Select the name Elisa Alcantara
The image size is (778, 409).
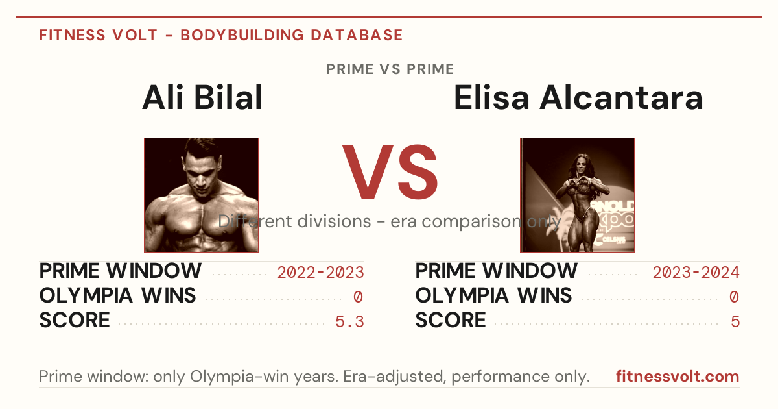pyautogui.click(x=578, y=98)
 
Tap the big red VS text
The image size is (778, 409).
pyautogui.click(x=390, y=172)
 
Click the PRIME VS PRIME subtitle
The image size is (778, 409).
pyautogui.click(x=390, y=69)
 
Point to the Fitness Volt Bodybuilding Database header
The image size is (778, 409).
pyautogui.click(x=221, y=35)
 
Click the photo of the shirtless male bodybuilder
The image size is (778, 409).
pyautogui.click(x=201, y=195)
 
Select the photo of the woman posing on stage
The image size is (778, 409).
pyautogui.click(x=577, y=195)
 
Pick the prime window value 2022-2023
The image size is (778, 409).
pyautogui.click(x=320, y=272)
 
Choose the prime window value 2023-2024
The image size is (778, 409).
pyautogui.click(x=696, y=272)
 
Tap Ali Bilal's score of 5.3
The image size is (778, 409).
pyautogui.click(x=349, y=322)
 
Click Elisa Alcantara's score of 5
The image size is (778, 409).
pyautogui.click(x=735, y=322)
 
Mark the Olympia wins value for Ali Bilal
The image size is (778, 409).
pyautogui.click(x=358, y=297)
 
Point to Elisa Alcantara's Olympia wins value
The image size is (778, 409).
pyautogui.click(x=734, y=297)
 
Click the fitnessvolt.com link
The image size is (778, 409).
pyautogui.click(x=678, y=377)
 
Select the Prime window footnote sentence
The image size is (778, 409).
pyautogui.click(x=314, y=377)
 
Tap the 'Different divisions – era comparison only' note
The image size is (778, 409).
pyautogui.click(x=390, y=221)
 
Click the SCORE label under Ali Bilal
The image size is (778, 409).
pyautogui.click(x=75, y=320)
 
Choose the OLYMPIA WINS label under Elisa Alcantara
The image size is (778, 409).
pyautogui.click(x=493, y=295)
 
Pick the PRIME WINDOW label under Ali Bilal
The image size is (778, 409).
pyautogui.click(x=120, y=271)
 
